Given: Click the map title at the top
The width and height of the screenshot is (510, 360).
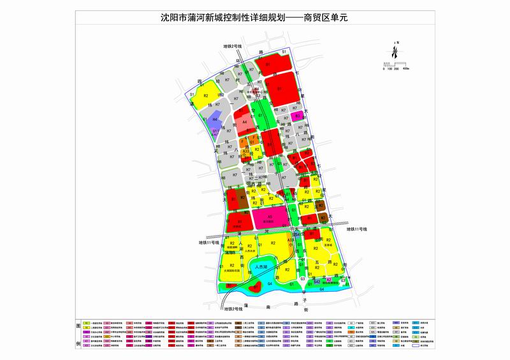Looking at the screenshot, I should pyautogui.click(x=254, y=18).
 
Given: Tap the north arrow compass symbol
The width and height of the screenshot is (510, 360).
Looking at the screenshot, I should pyautogui.click(x=397, y=54).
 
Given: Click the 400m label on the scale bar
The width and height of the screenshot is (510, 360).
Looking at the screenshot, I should pyautogui.click(x=406, y=68).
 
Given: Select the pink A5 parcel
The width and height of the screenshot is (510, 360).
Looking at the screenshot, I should pyautogui.click(x=270, y=218).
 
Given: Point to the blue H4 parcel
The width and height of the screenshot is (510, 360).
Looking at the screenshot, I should pyautogui.click(x=215, y=119).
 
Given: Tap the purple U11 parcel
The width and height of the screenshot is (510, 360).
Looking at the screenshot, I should pyautogui.click(x=217, y=131).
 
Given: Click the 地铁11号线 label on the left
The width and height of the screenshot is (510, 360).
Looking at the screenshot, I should pyautogui.click(x=208, y=242).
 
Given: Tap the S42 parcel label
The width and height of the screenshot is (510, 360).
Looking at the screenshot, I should pyautogui.click(x=317, y=280).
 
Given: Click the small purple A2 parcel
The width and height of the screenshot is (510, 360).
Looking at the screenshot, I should pyautogui.click(x=329, y=280).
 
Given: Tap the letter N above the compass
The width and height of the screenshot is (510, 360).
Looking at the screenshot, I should pyautogui.click(x=397, y=43).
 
